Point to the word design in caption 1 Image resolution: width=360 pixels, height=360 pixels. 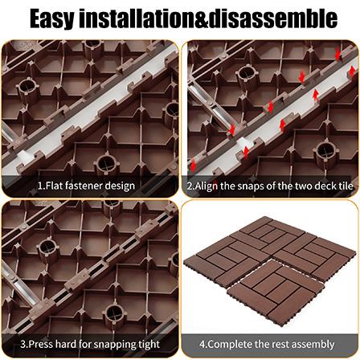(x=121, y=186)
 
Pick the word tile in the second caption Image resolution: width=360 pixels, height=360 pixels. (x=342, y=186)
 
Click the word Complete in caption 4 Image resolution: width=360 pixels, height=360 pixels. (x=228, y=344)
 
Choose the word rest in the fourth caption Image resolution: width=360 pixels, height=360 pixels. (x=276, y=344)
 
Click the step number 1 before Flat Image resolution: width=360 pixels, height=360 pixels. (x=39, y=186)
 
